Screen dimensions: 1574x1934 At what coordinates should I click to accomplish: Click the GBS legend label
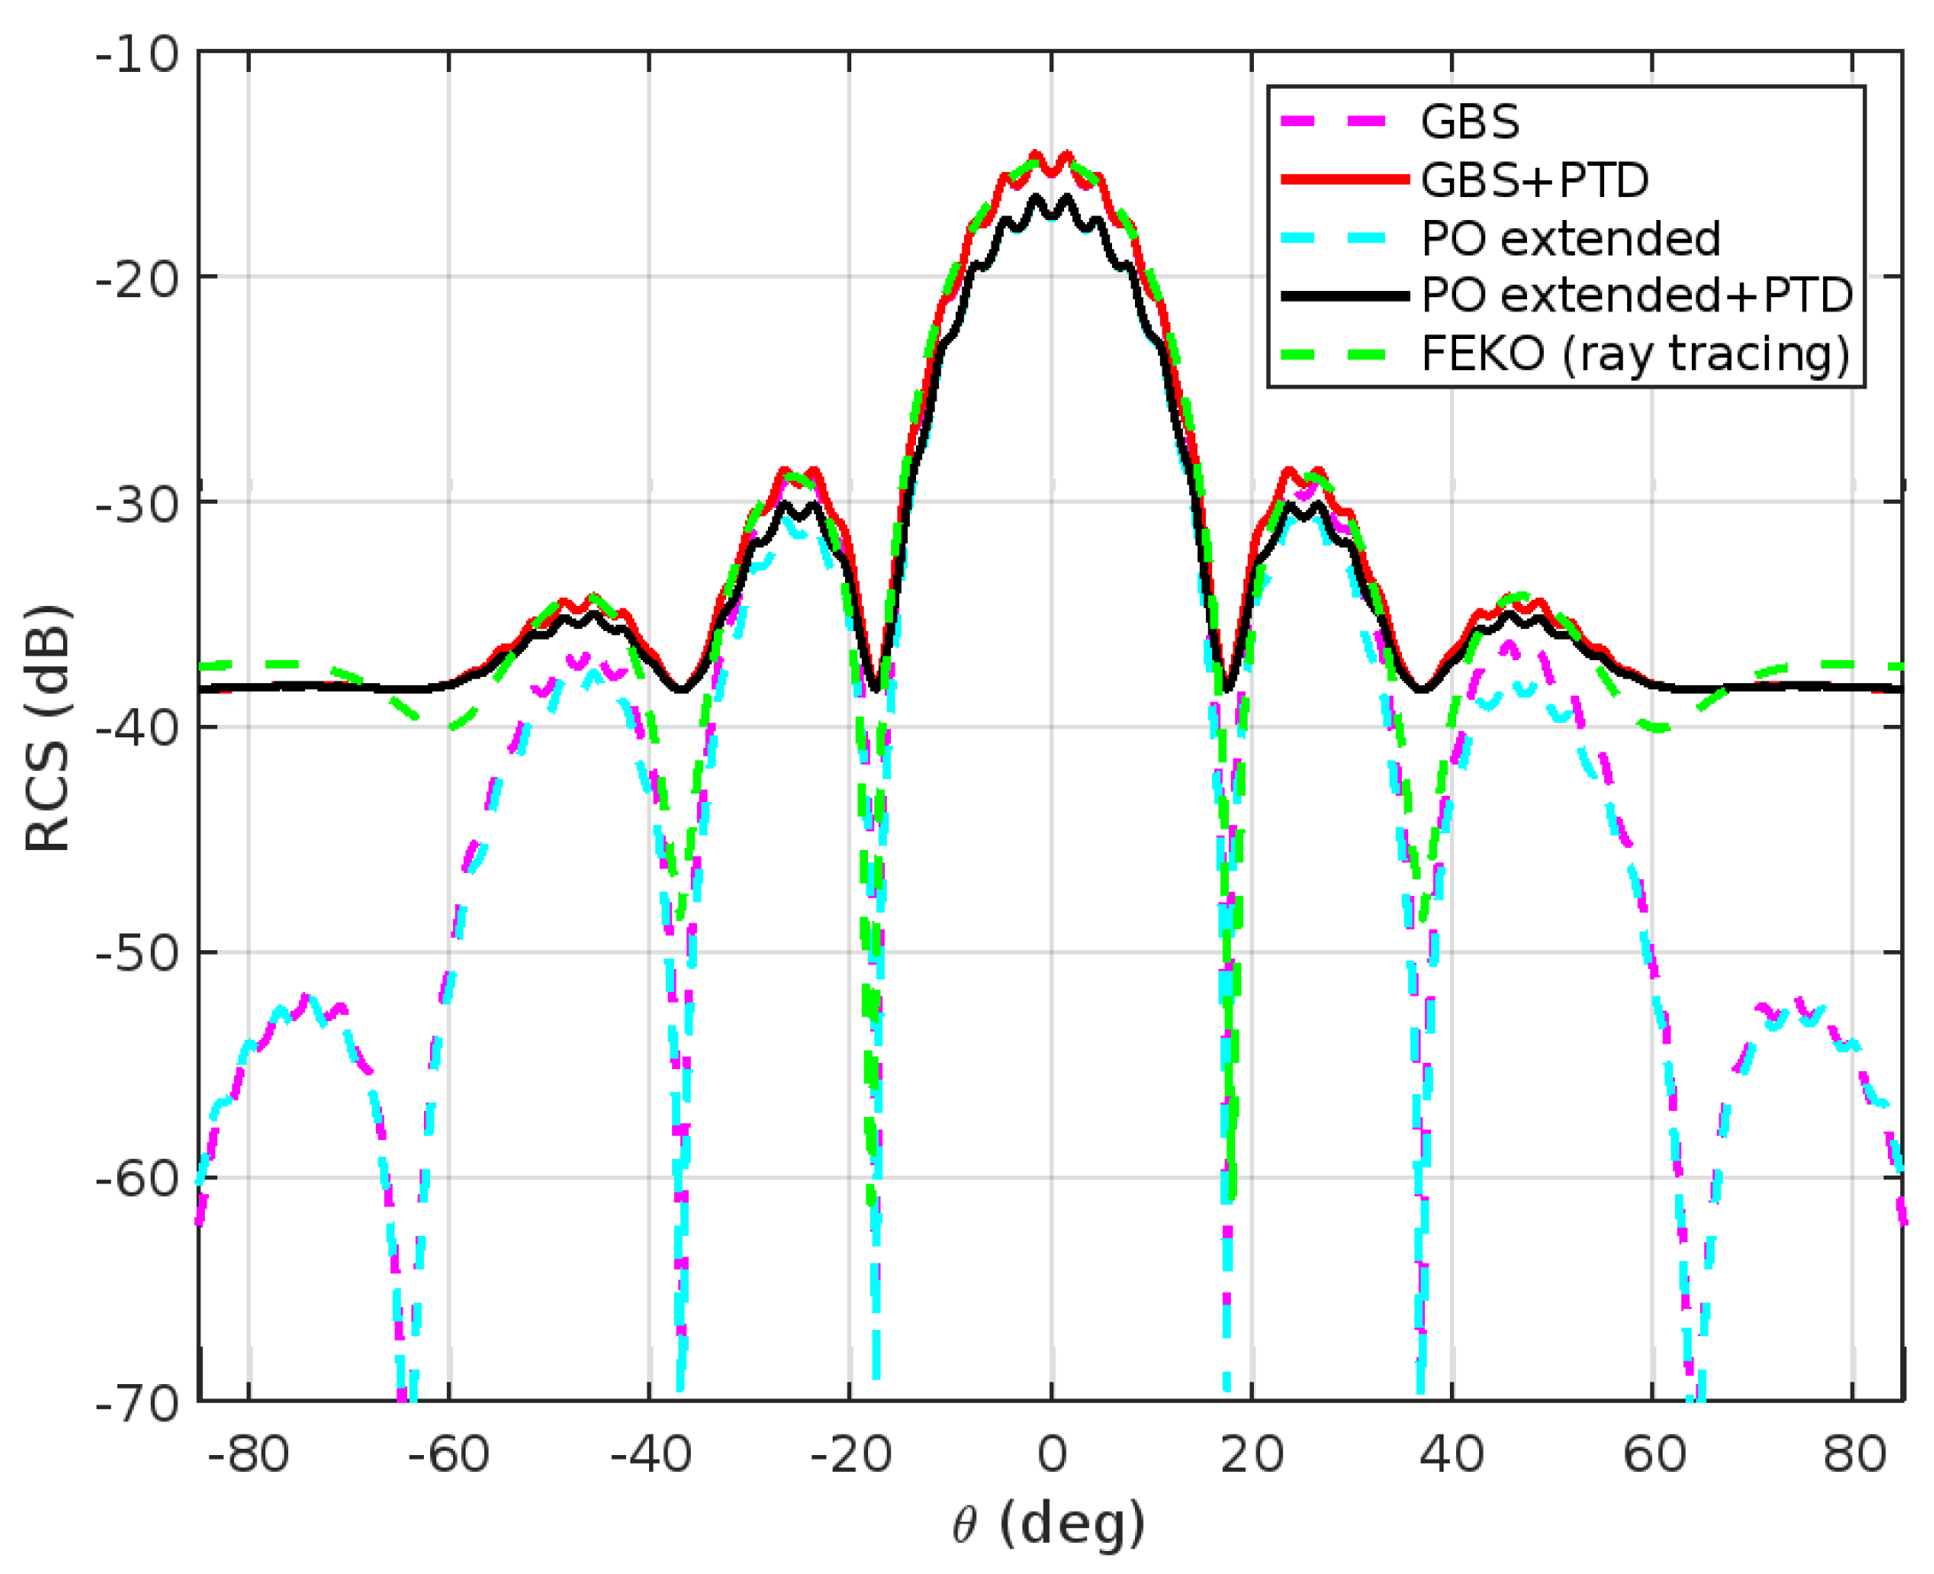[1469, 122]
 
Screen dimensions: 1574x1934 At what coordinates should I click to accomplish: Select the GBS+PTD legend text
[1534, 180]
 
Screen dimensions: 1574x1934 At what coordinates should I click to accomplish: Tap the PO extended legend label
[1570, 239]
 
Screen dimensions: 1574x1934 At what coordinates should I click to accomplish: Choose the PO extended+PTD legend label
[1637, 295]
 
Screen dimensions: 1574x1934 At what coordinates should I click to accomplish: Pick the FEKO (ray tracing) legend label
[1635, 354]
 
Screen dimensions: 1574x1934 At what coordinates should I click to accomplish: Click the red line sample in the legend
[1345, 180]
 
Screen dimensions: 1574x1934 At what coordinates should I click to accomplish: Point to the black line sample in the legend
[1345, 295]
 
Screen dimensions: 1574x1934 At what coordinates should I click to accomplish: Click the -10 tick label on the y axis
[137, 55]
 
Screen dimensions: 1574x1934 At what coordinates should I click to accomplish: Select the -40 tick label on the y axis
[137, 728]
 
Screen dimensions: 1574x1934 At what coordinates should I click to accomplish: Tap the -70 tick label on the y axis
[137, 1405]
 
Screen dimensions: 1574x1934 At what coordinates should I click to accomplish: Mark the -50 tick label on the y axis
[137, 953]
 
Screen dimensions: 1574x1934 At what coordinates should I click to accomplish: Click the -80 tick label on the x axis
[247, 1456]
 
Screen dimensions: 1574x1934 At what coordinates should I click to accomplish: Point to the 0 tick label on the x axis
[1052, 1456]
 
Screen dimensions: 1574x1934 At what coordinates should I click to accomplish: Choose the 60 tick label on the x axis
[1653, 1456]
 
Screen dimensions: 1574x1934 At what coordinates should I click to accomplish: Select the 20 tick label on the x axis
[1251, 1456]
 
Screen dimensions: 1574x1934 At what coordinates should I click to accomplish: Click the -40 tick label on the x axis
[649, 1456]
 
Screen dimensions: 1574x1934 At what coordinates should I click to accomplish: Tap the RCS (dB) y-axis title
[47, 728]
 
